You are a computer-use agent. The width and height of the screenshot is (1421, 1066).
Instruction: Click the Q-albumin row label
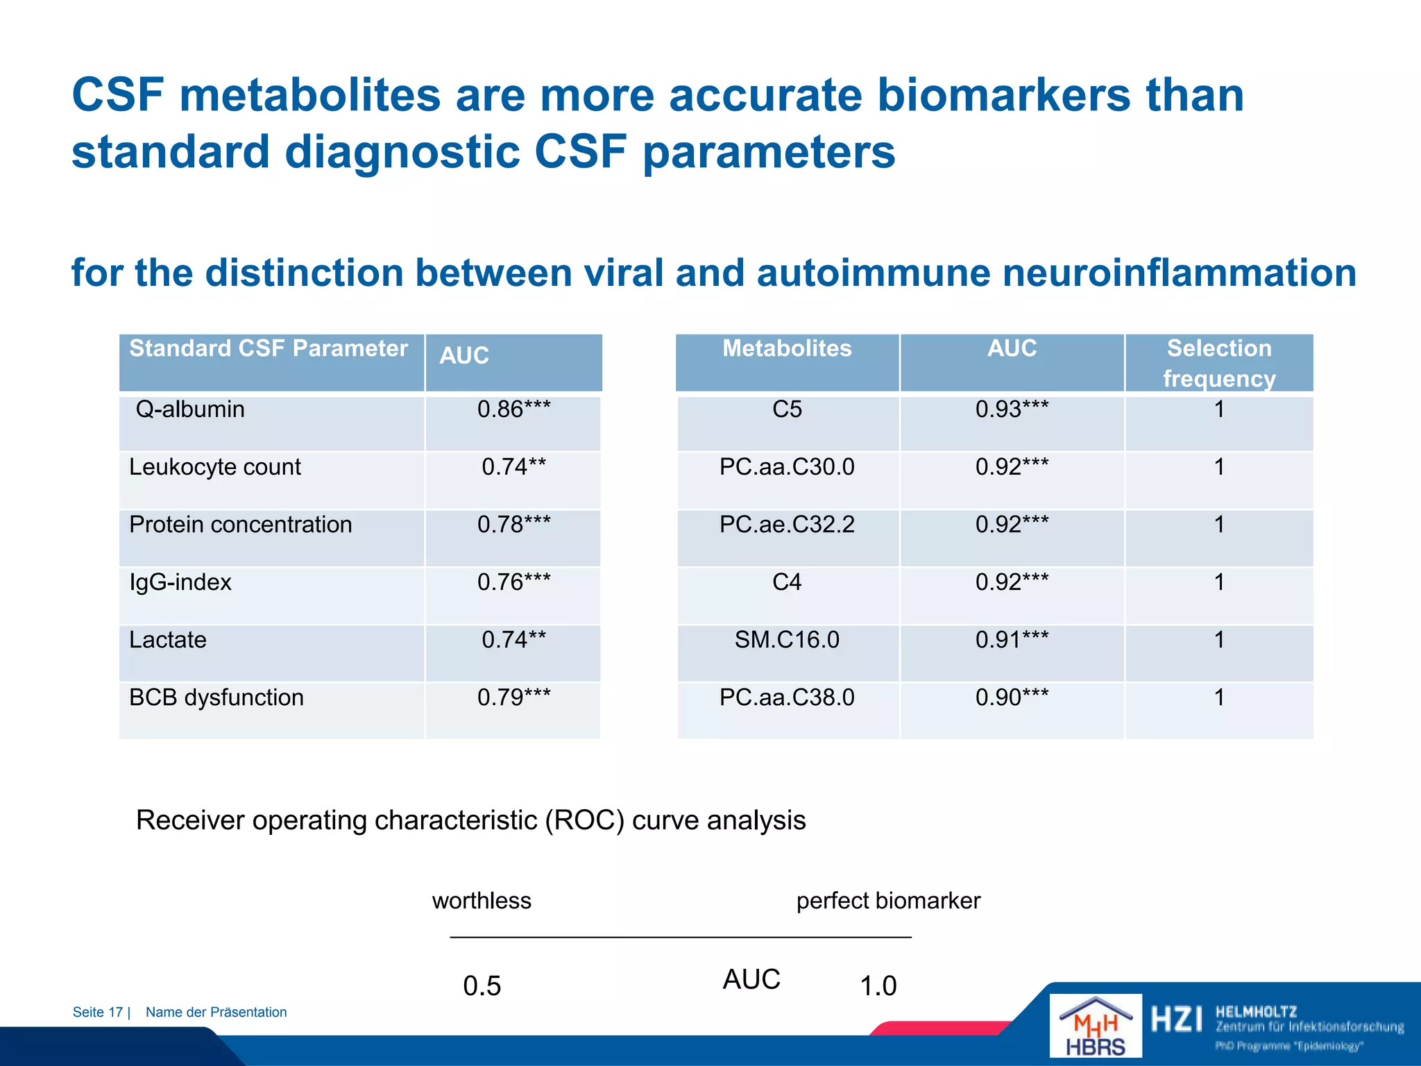pyautogui.click(x=190, y=409)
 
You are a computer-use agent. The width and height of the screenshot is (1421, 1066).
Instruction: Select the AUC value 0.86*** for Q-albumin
pyautogui.click(x=513, y=409)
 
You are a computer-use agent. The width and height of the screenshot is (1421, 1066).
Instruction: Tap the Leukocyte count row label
pyautogui.click(x=215, y=467)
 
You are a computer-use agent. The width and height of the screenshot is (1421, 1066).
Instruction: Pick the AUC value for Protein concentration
pyautogui.click(x=513, y=525)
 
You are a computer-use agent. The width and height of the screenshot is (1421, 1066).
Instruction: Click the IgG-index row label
pyautogui.click(x=180, y=582)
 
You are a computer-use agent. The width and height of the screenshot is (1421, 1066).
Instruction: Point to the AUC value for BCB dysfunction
pyautogui.click(x=513, y=697)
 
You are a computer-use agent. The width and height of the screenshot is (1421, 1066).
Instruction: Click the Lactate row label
pyautogui.click(x=168, y=640)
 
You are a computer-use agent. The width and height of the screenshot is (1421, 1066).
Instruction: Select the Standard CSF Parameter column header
pyautogui.click(x=269, y=348)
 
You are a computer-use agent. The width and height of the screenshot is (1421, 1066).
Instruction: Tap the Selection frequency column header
pyautogui.click(x=1219, y=363)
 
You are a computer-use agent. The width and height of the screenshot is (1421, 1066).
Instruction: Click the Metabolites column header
pyautogui.click(x=787, y=348)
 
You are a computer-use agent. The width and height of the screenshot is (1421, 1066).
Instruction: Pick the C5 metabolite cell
pyautogui.click(x=787, y=409)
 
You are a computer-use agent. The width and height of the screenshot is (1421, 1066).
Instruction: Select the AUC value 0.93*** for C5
pyautogui.click(x=1012, y=409)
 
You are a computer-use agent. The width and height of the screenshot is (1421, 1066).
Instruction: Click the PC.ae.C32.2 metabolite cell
pyautogui.click(x=787, y=525)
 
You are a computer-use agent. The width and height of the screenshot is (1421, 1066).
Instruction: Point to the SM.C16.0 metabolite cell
pyautogui.click(x=787, y=640)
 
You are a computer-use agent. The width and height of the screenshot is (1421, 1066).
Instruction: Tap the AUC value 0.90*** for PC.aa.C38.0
pyautogui.click(x=1012, y=697)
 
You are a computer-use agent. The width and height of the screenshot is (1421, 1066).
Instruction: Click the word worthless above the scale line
pyautogui.click(x=482, y=901)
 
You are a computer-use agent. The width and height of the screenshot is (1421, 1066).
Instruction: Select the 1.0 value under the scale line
pyautogui.click(x=878, y=986)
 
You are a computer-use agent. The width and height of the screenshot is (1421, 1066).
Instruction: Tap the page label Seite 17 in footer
pyautogui.click(x=98, y=1013)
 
